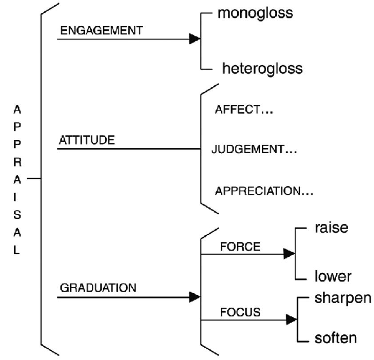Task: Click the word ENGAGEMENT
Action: point(101,30)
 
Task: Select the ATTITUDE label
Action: point(86,140)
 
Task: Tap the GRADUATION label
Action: point(98,287)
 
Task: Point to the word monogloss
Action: point(255,13)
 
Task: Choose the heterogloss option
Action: point(262,68)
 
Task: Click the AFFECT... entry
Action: point(243,110)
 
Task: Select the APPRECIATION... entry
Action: point(264,191)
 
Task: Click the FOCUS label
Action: point(240,312)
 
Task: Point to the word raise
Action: point(331,228)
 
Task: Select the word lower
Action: point(333,276)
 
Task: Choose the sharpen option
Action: point(342,297)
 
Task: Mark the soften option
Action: point(335,338)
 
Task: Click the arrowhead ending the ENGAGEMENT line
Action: point(195,39)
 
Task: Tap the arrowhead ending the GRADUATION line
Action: point(195,297)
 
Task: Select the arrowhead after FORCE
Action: point(289,254)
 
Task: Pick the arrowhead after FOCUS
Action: point(291,319)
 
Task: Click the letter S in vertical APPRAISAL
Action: point(16,214)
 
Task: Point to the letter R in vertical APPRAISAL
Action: point(16,162)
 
